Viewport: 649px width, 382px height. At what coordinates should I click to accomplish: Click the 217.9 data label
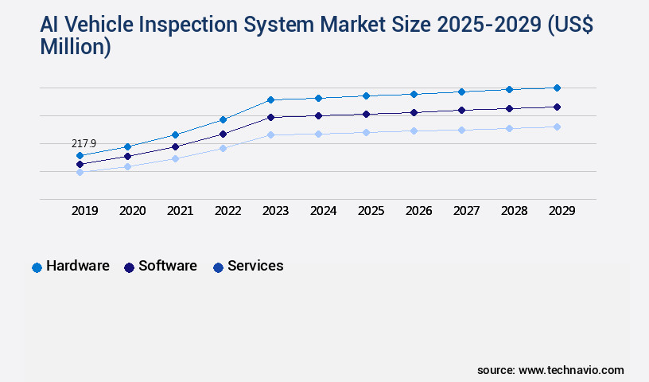pyautogui.click(x=84, y=143)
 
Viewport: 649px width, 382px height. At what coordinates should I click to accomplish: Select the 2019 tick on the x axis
pyautogui.click(x=84, y=211)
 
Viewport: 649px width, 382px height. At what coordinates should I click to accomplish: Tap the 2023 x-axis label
pyautogui.click(x=275, y=211)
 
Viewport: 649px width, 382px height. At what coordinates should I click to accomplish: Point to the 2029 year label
pyautogui.click(x=562, y=211)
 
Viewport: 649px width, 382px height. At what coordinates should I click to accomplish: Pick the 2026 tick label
pyautogui.click(x=418, y=211)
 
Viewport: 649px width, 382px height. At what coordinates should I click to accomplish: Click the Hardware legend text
pyautogui.click(x=77, y=266)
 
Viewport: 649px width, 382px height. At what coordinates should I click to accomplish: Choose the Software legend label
pyautogui.click(x=167, y=266)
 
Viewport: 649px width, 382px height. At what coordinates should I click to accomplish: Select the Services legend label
pyautogui.click(x=255, y=266)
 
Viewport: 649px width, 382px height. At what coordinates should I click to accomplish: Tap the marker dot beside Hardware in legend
pyautogui.click(x=37, y=267)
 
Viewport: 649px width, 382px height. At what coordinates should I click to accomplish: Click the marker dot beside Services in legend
pyautogui.click(x=218, y=267)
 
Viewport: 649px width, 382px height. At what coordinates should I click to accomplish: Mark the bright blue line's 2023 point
pyautogui.click(x=270, y=99)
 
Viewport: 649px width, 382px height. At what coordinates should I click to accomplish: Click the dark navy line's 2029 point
pyautogui.click(x=557, y=107)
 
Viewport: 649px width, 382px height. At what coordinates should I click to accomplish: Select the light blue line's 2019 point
pyautogui.click(x=80, y=172)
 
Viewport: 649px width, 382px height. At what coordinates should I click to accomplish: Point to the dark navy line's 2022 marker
pyautogui.click(x=223, y=134)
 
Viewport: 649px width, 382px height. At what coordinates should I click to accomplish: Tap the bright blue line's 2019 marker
pyautogui.click(x=80, y=155)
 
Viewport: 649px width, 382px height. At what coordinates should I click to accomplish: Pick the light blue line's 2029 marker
pyautogui.click(x=557, y=127)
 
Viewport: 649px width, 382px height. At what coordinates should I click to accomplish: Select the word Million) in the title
pyautogui.click(x=76, y=47)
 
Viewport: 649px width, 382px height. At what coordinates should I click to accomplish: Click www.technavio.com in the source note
pyautogui.click(x=571, y=370)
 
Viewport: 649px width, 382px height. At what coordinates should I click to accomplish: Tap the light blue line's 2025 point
pyautogui.click(x=366, y=132)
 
